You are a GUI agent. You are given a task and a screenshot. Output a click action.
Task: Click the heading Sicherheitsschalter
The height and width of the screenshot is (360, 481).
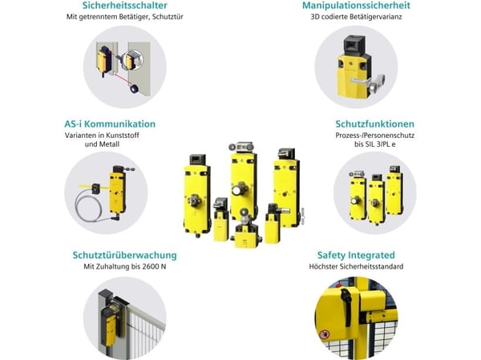pos(124,6)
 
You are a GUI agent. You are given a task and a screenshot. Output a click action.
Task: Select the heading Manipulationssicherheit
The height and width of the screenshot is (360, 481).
pos(356,6)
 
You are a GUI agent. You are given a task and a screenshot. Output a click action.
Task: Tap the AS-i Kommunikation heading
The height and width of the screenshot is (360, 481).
pos(110,124)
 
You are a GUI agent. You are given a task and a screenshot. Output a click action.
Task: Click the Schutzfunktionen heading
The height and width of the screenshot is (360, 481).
pos(375,124)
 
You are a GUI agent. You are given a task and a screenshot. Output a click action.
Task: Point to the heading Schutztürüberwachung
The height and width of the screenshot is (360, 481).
pos(124,255)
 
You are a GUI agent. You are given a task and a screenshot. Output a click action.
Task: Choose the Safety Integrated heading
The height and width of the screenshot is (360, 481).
pos(356,255)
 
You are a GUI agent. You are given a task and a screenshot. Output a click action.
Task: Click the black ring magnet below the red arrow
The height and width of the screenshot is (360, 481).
pos(134,89)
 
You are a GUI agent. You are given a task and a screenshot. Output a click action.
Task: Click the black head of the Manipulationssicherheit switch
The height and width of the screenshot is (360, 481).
pos(354,46)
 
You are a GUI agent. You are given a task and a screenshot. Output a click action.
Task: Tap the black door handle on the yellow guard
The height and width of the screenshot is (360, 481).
pos(345,299)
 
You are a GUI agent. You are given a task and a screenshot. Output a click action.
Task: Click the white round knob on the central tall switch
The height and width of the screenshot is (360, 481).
pos(237,191)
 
